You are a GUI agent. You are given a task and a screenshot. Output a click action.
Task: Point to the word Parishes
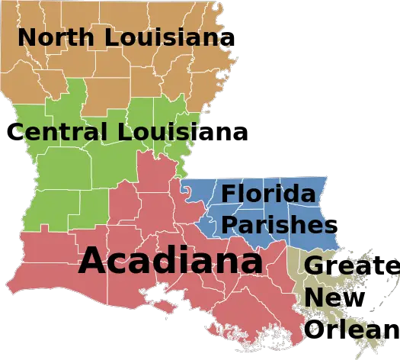click(x=278, y=224)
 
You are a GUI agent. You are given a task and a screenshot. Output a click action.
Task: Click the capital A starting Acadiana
click(x=93, y=261)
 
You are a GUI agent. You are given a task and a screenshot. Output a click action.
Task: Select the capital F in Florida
click(x=228, y=194)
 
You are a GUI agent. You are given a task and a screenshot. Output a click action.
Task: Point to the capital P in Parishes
click(x=229, y=224)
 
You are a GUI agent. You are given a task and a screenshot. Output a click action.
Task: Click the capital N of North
click(x=26, y=37)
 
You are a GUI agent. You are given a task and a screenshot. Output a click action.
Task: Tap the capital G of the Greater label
click(x=315, y=266)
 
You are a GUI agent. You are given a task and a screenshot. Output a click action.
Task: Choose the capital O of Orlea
click(x=314, y=329)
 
